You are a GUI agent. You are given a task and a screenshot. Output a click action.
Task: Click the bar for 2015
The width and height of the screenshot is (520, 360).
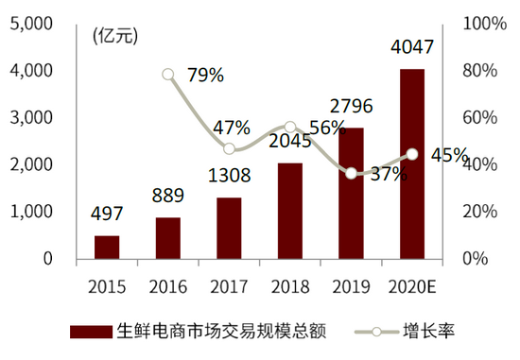[107, 247]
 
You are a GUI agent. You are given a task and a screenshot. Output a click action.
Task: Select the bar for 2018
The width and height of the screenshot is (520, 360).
[290, 211]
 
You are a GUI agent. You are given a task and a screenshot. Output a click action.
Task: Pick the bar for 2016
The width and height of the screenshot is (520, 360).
[167, 237]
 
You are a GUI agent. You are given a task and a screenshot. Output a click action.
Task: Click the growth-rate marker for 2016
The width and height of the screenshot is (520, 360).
[168, 74]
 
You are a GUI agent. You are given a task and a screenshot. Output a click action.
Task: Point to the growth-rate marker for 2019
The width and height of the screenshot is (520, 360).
[352, 173]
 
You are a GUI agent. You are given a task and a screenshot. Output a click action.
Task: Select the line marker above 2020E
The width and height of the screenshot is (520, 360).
[412, 154]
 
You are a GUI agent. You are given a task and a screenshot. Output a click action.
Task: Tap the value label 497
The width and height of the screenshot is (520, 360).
[107, 214]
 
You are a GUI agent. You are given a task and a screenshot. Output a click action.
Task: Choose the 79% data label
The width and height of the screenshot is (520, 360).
[205, 76]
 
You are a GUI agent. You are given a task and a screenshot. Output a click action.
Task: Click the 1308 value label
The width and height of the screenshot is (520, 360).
[229, 176]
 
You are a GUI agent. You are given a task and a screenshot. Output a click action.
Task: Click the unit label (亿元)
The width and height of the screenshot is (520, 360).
[115, 37]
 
